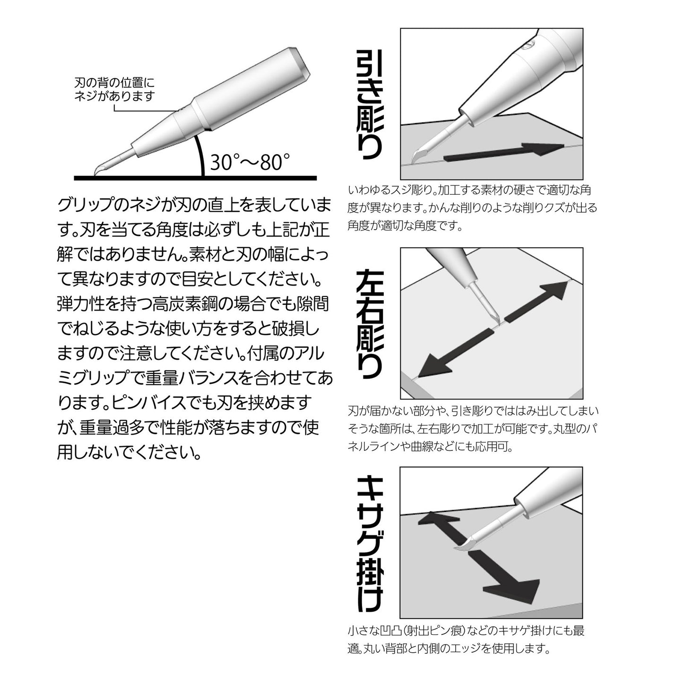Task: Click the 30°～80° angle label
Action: pyautogui.click(x=250, y=162)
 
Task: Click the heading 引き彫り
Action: pyautogui.click(x=369, y=104)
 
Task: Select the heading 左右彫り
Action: pyautogui.click(x=369, y=324)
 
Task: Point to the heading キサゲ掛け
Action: pyautogui.click(x=370, y=543)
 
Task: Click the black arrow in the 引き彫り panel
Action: pyautogui.click(x=503, y=152)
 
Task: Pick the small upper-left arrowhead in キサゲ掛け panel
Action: pyautogui.click(x=436, y=519)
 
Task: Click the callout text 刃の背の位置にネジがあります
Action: pyautogui.click(x=114, y=89)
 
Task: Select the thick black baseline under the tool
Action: pyautogui.click(x=195, y=178)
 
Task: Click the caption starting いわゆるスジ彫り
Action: pyautogui.click(x=472, y=208)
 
